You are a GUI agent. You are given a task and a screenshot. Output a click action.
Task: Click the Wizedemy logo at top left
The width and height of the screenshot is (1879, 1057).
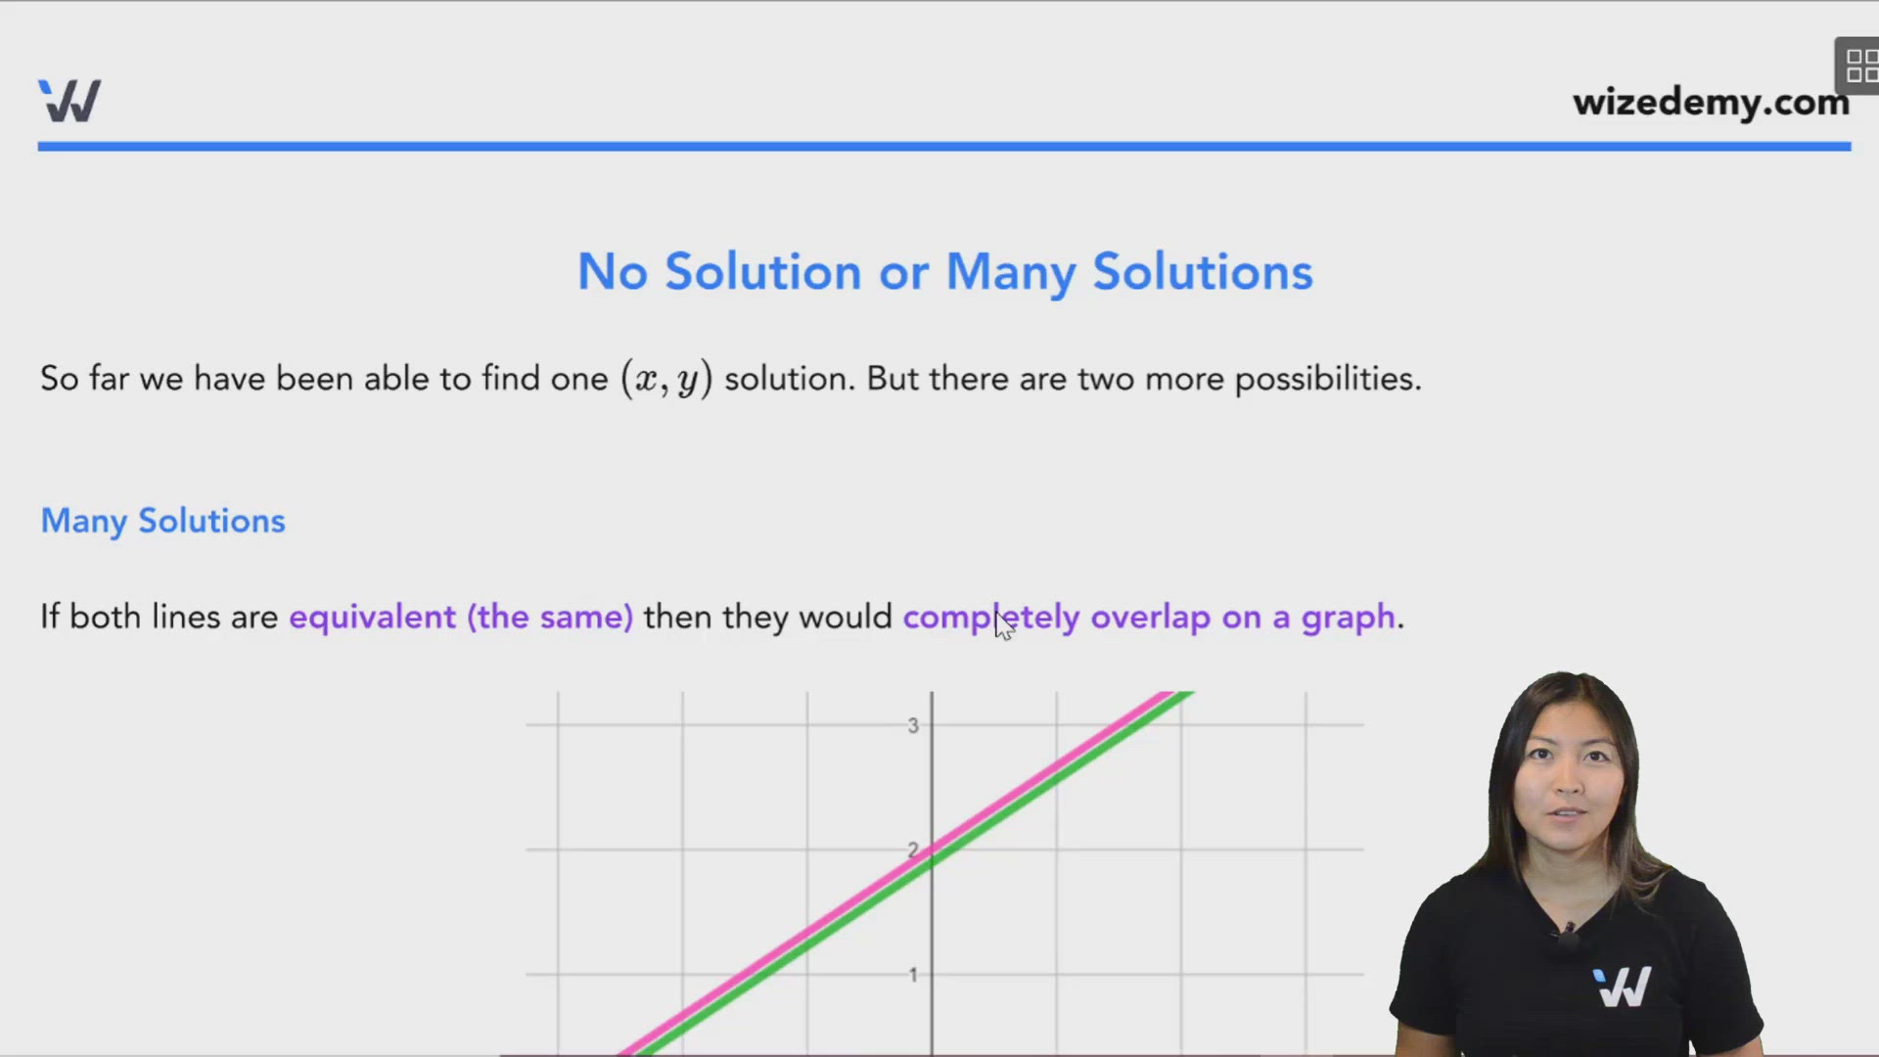(x=69, y=100)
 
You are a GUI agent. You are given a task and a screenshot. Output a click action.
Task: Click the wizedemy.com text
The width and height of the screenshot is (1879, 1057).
(x=1711, y=103)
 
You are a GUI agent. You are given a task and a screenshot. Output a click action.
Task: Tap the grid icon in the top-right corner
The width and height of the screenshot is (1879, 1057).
(x=1859, y=66)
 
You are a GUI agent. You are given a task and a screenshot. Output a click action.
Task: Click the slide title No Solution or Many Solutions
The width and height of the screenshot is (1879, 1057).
(x=944, y=271)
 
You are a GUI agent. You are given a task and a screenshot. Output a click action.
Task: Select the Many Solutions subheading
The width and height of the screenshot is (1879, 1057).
(x=162, y=522)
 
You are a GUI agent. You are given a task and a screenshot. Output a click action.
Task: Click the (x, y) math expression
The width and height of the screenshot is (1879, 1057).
(x=666, y=379)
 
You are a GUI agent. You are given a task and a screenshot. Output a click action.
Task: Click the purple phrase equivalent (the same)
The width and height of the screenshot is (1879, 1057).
(x=461, y=617)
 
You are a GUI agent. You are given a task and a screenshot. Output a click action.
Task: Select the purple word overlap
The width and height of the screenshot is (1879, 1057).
(x=1150, y=618)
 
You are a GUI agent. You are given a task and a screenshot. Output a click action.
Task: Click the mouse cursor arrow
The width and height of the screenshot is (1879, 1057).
(x=1004, y=624)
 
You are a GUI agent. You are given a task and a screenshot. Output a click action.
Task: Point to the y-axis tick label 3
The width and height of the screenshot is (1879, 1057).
(x=913, y=725)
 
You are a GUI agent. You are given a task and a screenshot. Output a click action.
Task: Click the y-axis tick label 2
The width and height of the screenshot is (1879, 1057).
(x=913, y=850)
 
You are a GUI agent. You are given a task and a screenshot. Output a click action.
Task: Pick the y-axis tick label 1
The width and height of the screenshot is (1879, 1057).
(x=913, y=975)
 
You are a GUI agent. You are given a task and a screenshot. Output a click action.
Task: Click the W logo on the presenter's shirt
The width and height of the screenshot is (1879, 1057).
(x=1622, y=987)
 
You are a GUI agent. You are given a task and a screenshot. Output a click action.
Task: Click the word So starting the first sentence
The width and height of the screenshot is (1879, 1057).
(x=59, y=379)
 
